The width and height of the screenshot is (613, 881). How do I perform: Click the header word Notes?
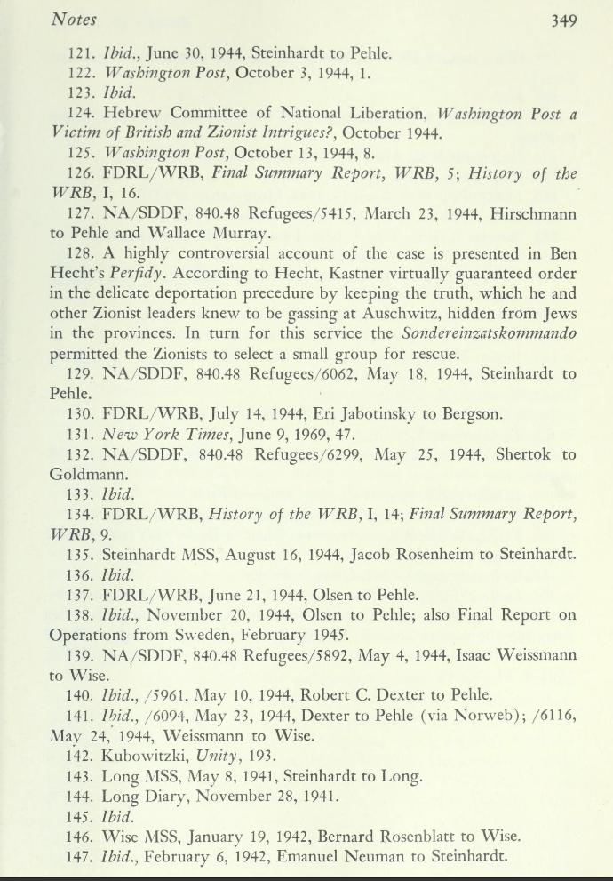74,18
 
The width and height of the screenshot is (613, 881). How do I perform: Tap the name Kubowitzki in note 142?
147,757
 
